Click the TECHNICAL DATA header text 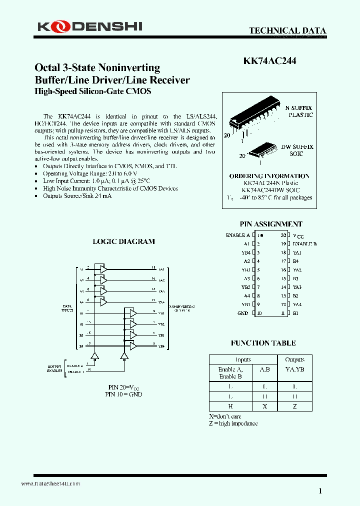pos(287,31)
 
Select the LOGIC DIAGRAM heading pos(124,241)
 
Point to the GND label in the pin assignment pos(243,313)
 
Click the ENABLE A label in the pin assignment pos(238,235)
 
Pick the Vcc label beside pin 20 pos(298,235)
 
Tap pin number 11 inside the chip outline pos(283,313)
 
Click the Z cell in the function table pos(294,406)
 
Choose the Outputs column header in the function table pos(294,359)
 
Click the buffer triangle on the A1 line pos(103,269)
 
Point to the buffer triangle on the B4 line pos(132,345)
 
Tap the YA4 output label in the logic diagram pos(161,302)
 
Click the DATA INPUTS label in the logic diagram pos(67,308)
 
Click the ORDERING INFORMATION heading pos(269,176)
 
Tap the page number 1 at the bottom pos(320,491)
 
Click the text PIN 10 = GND pos(123,394)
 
